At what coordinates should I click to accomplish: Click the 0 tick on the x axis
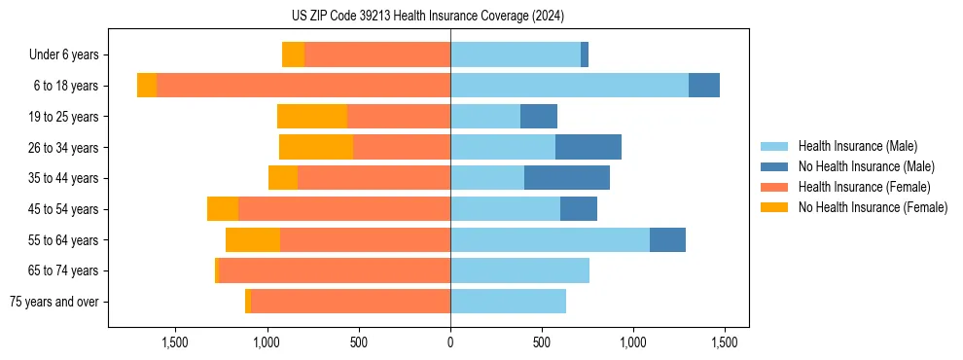(450, 342)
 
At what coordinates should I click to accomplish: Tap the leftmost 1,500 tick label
(175, 342)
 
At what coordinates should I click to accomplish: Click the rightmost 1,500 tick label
(724, 342)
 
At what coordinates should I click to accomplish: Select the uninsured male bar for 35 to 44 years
(567, 178)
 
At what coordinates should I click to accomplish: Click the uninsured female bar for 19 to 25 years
(312, 117)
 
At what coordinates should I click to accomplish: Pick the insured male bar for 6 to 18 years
(569, 86)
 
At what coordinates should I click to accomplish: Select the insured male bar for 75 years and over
(508, 302)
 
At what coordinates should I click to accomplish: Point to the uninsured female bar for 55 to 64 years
(253, 239)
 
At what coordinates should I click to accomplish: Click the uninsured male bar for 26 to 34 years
(588, 147)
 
